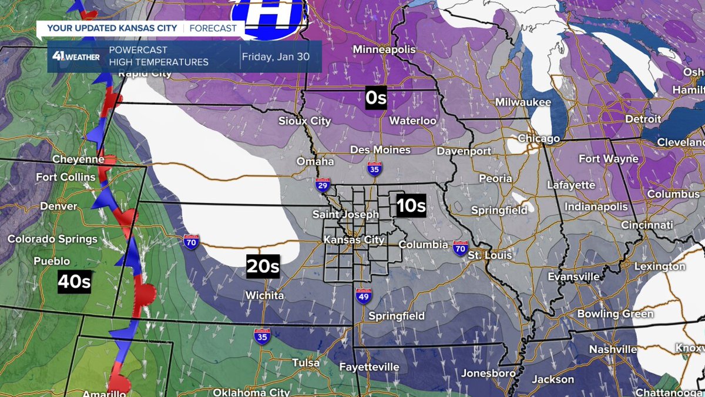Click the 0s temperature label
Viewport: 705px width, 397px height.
click(376, 98)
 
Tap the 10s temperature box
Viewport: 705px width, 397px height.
click(411, 206)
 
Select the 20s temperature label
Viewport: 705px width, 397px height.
click(263, 266)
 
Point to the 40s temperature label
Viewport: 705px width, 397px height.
click(75, 282)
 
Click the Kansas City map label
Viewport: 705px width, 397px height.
click(354, 240)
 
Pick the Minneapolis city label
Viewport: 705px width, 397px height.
click(384, 50)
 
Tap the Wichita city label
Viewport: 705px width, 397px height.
click(264, 295)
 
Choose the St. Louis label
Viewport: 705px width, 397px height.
click(490, 255)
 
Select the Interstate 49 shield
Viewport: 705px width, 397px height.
click(362, 297)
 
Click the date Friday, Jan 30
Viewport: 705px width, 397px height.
click(280, 56)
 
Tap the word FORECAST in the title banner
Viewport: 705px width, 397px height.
click(213, 28)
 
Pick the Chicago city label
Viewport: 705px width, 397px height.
click(538, 139)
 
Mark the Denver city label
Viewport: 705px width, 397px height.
click(59, 206)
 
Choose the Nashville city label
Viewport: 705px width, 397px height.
click(613, 349)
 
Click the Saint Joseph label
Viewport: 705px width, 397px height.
click(345, 215)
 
